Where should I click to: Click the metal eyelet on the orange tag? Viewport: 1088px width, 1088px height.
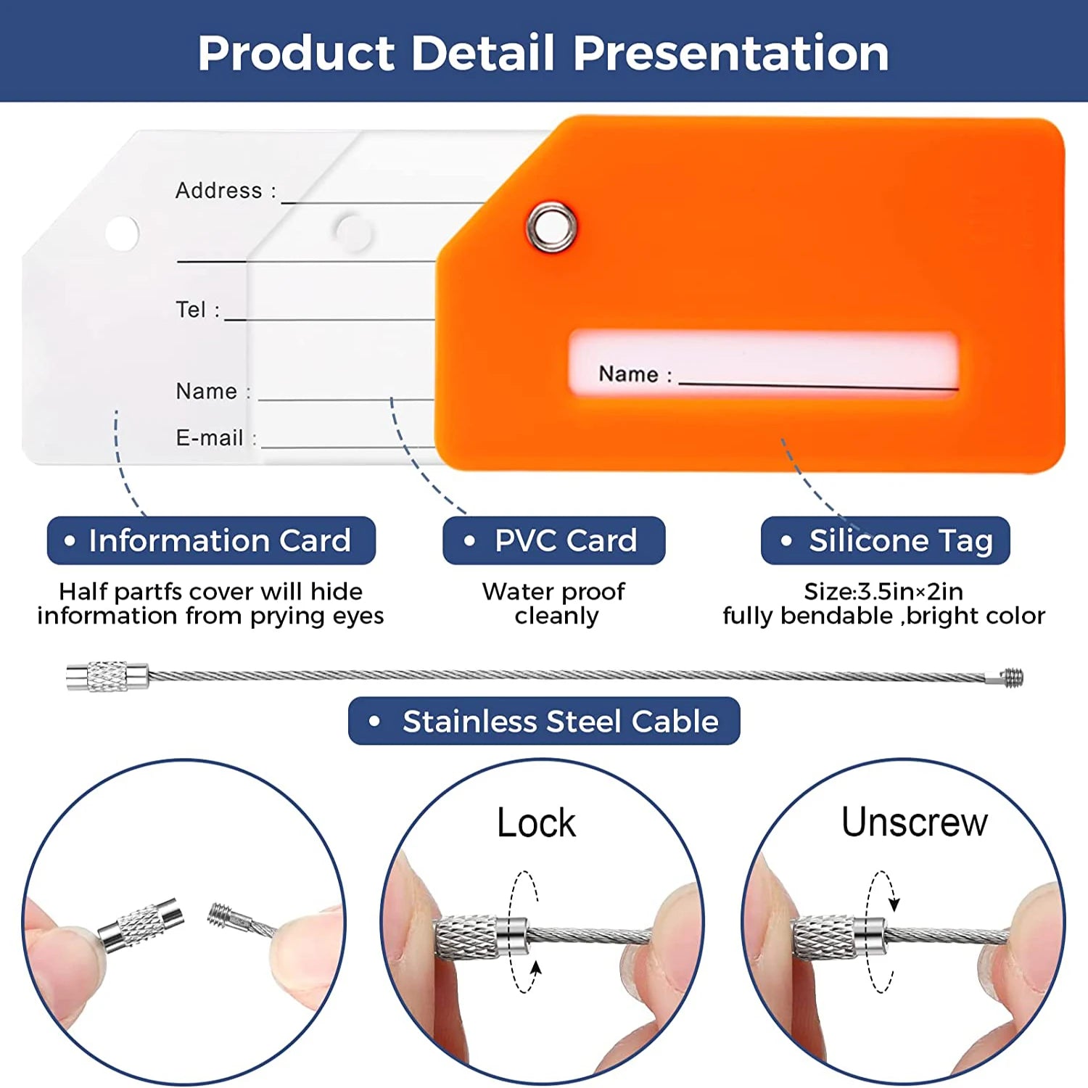point(551,227)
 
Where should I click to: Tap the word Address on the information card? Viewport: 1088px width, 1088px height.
point(218,191)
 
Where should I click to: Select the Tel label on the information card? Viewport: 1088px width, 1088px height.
point(191,310)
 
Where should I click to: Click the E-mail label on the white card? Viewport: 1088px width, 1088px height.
point(210,438)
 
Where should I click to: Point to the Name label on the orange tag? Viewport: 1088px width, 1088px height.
point(628,374)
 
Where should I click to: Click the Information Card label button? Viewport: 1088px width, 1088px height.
point(211,540)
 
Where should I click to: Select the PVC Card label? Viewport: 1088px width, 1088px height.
point(553,540)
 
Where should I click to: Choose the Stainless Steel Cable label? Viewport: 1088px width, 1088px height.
point(544,721)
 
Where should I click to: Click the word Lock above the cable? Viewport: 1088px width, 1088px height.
point(536,823)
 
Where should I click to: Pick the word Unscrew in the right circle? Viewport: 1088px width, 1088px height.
point(914,823)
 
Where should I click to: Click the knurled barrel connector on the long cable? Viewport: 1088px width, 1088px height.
point(107,677)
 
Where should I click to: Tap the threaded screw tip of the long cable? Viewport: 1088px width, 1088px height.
point(1013,678)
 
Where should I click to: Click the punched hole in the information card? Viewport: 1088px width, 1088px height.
point(122,233)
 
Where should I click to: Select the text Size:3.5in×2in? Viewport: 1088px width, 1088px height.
point(883,592)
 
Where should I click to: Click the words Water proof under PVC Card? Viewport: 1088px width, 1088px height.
point(553,592)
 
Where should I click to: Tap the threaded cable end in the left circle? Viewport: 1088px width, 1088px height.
point(221,915)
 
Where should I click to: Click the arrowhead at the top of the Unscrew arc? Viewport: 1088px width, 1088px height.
point(894,904)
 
